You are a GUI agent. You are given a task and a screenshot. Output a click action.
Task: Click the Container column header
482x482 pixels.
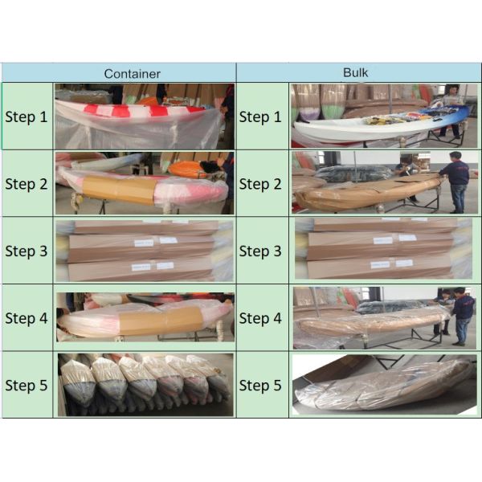tap(133, 74)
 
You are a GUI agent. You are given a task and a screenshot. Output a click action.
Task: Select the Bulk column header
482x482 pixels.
tap(355, 72)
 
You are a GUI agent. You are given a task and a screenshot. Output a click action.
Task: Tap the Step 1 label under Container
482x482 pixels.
tap(27, 116)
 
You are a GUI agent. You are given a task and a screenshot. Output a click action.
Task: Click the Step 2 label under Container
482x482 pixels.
tap(27, 184)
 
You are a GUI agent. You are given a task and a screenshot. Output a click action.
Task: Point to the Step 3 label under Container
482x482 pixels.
tap(27, 251)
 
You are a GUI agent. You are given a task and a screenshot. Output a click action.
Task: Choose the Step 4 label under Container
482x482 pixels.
tap(27, 318)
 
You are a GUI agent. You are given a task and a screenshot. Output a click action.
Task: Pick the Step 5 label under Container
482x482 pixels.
tap(27, 385)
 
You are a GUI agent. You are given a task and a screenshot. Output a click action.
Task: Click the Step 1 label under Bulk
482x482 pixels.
tap(260, 116)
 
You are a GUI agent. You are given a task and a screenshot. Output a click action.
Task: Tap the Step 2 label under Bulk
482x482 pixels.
tap(260, 184)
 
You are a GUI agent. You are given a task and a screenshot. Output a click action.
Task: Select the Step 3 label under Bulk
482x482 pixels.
tap(260, 251)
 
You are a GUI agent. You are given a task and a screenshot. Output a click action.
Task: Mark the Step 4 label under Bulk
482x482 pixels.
tap(260, 318)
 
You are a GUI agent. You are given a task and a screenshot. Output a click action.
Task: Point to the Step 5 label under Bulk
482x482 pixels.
tap(260, 385)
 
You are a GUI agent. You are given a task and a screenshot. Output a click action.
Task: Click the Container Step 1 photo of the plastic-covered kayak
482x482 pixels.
tap(145, 116)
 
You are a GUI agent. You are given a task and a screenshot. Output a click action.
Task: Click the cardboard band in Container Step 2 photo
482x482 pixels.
tap(120, 190)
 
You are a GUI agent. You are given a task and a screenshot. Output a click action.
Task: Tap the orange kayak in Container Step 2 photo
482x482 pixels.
tap(185, 170)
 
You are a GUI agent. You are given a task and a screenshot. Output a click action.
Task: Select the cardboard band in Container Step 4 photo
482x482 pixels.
tap(161, 321)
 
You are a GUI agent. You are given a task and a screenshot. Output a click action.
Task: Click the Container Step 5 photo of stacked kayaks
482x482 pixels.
tap(145, 385)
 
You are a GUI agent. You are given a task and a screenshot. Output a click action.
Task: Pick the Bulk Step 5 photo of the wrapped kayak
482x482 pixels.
tap(384, 385)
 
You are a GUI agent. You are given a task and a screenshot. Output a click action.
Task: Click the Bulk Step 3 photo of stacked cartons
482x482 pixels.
tap(383, 248)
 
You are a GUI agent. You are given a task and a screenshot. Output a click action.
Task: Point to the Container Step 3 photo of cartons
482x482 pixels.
tap(145, 251)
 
